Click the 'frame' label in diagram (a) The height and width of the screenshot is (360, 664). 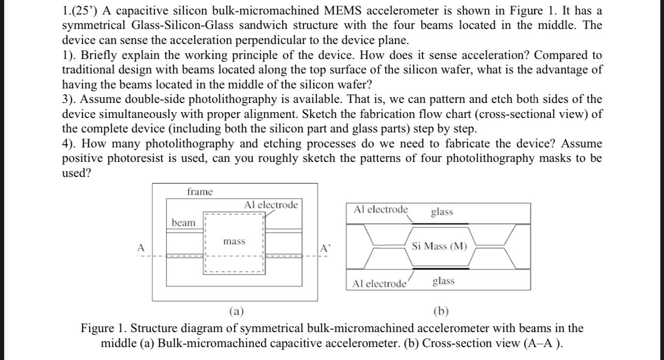200,192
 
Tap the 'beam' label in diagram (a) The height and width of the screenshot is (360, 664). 184,223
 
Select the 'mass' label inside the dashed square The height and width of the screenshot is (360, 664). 234,242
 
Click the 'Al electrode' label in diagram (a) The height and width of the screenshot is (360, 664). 271,205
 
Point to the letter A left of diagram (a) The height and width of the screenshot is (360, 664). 140,248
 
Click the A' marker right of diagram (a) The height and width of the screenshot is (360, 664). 324,248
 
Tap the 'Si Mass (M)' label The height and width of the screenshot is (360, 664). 439,246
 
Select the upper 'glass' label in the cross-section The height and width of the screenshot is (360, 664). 441,212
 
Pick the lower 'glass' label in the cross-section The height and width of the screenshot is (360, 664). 443,281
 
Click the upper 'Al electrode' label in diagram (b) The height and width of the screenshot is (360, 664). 380,209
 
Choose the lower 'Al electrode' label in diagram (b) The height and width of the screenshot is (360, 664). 379,283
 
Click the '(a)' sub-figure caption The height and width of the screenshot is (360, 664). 237,311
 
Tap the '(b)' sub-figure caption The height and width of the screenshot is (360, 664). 441,311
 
